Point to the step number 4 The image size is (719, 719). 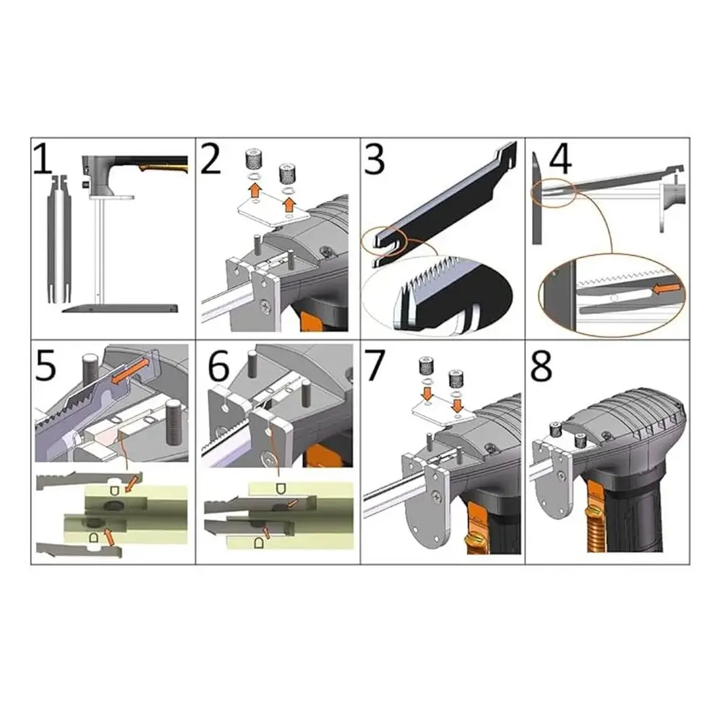560,159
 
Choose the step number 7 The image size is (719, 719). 375,365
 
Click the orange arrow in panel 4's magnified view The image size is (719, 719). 666,289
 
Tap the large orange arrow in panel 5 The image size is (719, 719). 130,370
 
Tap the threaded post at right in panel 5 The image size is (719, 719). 175,422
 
